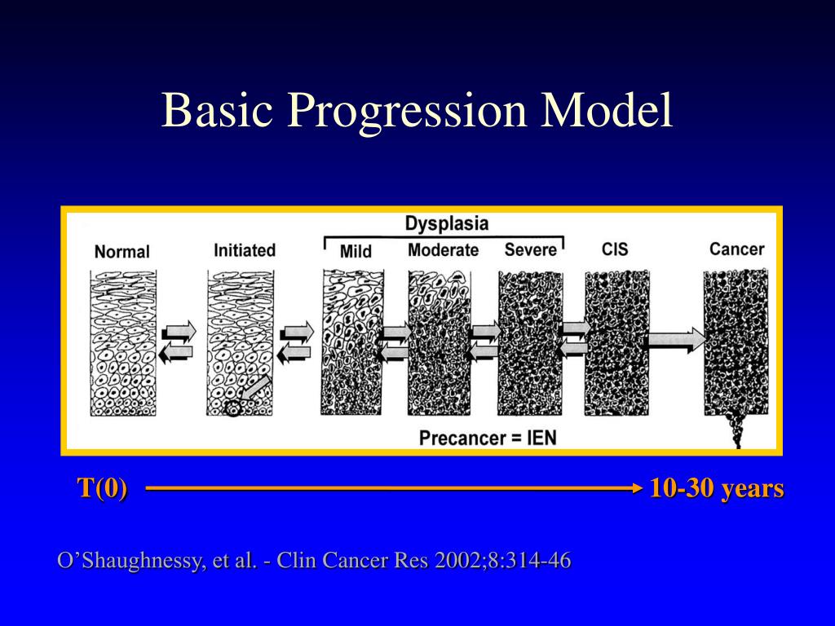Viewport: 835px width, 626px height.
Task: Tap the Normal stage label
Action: pyautogui.click(x=122, y=251)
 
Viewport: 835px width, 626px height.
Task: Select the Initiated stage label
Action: pyautogui.click(x=245, y=250)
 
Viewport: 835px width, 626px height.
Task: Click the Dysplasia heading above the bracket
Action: pyautogui.click(x=447, y=223)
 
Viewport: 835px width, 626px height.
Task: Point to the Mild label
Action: pyautogui.click(x=357, y=251)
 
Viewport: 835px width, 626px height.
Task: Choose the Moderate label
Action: pyautogui.click(x=443, y=250)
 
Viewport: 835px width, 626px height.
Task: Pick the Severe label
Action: pyautogui.click(x=530, y=250)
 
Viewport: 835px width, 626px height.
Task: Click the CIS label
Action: pyautogui.click(x=615, y=249)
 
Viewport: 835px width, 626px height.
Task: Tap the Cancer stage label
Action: pyautogui.click(x=736, y=249)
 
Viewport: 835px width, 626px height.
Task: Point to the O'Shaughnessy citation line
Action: pyautogui.click(x=314, y=561)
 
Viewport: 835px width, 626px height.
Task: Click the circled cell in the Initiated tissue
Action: pyautogui.click(x=232, y=409)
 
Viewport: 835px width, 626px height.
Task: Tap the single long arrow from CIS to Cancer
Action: pyautogui.click(x=674, y=339)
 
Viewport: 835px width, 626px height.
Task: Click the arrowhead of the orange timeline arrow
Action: pyautogui.click(x=638, y=488)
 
